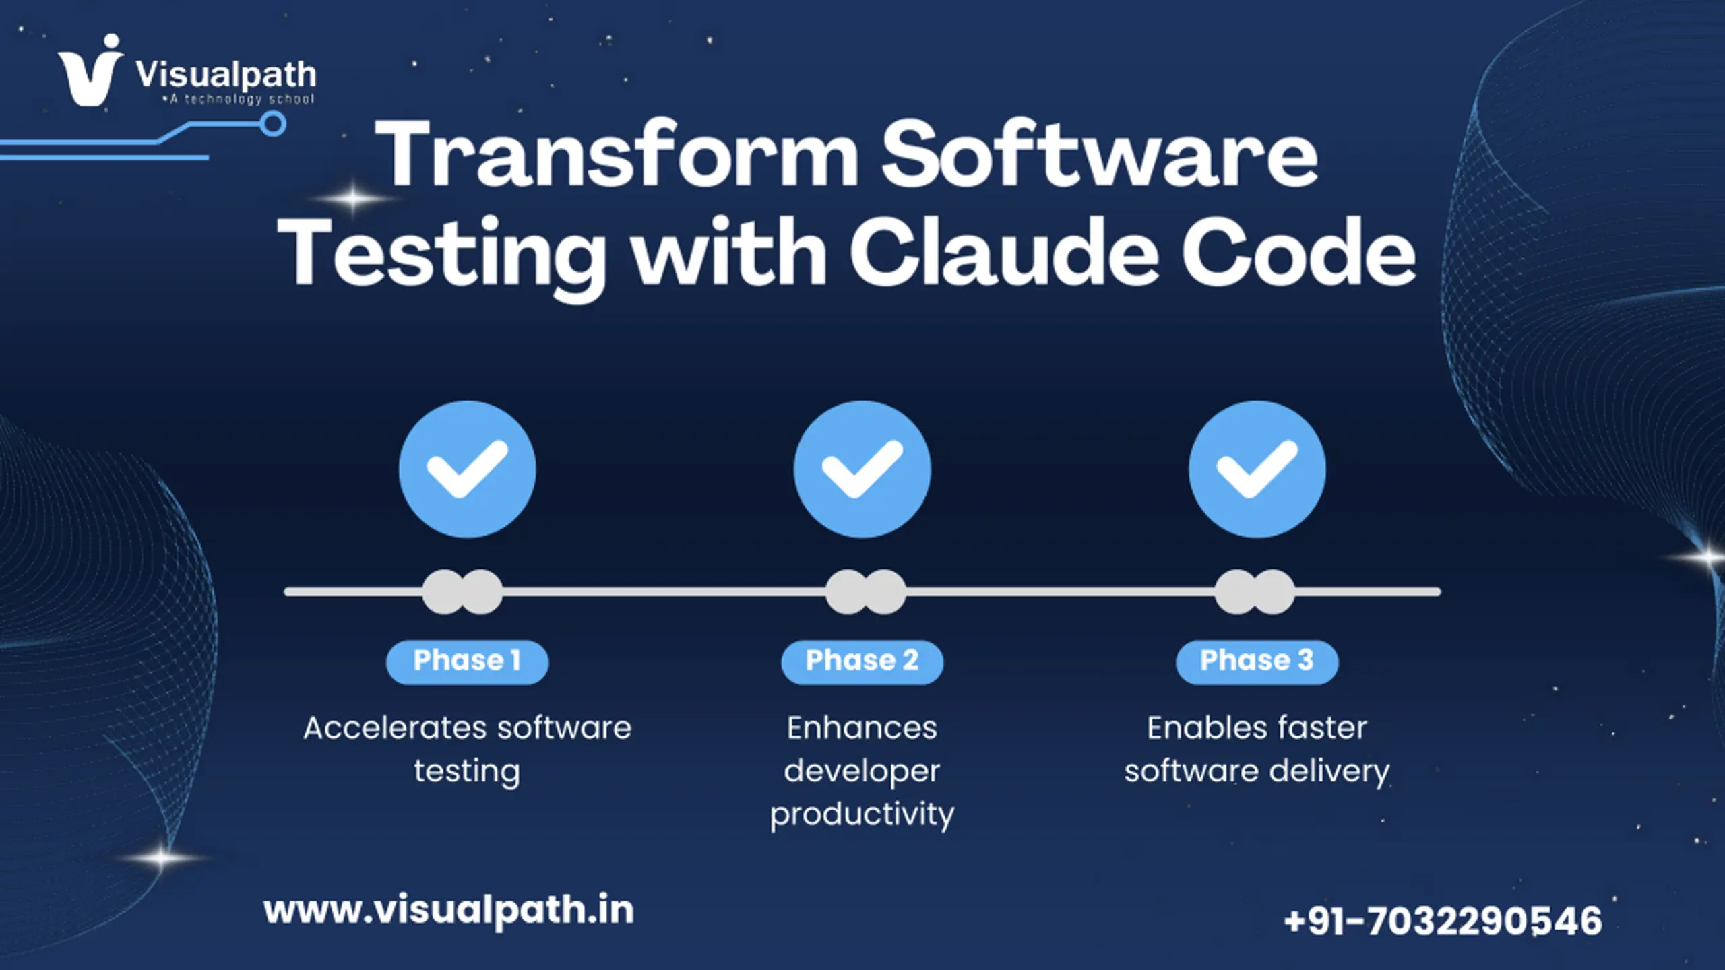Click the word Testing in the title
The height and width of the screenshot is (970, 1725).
[442, 256]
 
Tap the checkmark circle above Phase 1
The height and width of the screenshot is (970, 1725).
[468, 470]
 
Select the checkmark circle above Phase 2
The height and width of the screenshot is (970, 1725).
[862, 470]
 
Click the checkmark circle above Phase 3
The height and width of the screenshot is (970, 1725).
[1257, 470]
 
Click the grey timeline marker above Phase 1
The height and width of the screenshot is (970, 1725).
[462, 592]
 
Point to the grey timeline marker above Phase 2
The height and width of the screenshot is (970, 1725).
[866, 592]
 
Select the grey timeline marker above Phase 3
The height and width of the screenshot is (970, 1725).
[1255, 592]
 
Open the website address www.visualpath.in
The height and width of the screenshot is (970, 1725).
[449, 911]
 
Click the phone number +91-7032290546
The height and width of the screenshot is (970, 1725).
[1443, 921]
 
